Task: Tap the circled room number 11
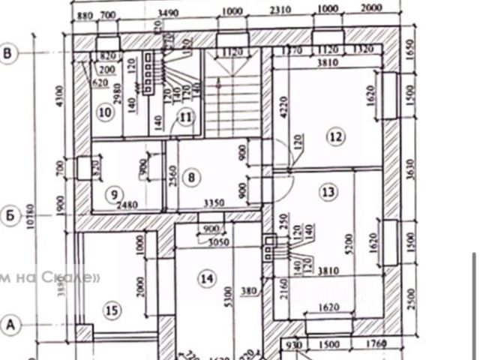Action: (187, 117)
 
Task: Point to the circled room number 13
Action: (328, 192)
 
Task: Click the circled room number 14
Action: (206, 279)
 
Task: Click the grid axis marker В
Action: (10, 54)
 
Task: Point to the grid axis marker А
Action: (10, 325)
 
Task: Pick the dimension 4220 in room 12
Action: (283, 112)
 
